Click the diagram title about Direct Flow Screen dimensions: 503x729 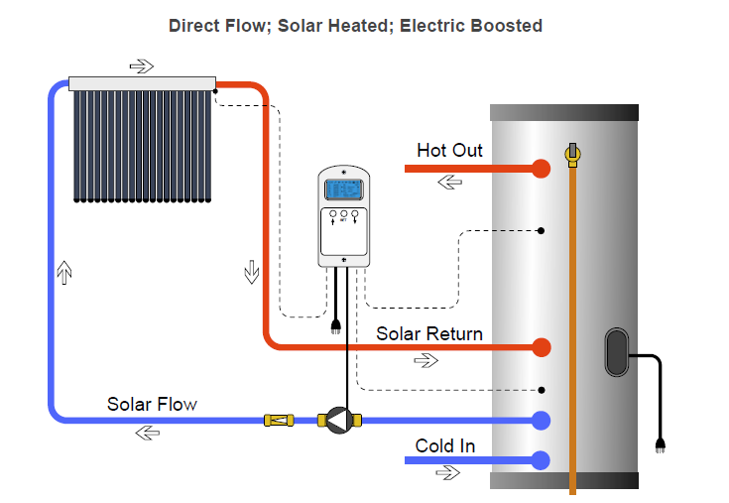pos(355,26)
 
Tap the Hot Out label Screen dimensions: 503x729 pos(449,151)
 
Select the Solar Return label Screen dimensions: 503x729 pos(428,333)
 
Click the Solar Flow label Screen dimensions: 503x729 pos(152,404)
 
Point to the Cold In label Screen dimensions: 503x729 pos(444,446)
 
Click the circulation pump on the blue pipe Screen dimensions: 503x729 pos(338,421)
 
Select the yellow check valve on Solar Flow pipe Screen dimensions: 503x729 pos(278,421)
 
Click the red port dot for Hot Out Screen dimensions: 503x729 pos(541,169)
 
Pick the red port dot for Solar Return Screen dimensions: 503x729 pos(541,347)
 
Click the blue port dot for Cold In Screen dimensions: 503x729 pos(541,460)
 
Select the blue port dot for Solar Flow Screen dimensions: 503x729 pos(541,421)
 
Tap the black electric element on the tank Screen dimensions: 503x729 pos(615,353)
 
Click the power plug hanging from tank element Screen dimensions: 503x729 pos(660,444)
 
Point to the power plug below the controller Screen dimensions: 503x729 pos(335,325)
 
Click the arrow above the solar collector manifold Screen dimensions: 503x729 pos(142,66)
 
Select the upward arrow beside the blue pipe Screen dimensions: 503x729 pos(65,272)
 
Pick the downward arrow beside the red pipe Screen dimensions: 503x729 pos(250,272)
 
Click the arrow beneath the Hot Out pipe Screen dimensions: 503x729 pos(449,183)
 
